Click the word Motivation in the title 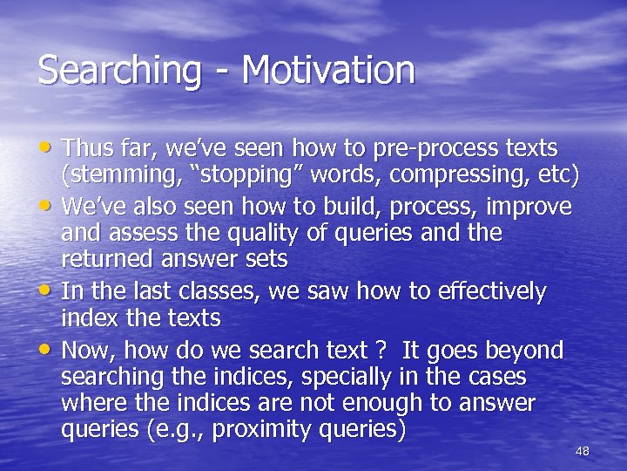point(328,71)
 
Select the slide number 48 point(583,451)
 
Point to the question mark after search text point(380,351)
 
